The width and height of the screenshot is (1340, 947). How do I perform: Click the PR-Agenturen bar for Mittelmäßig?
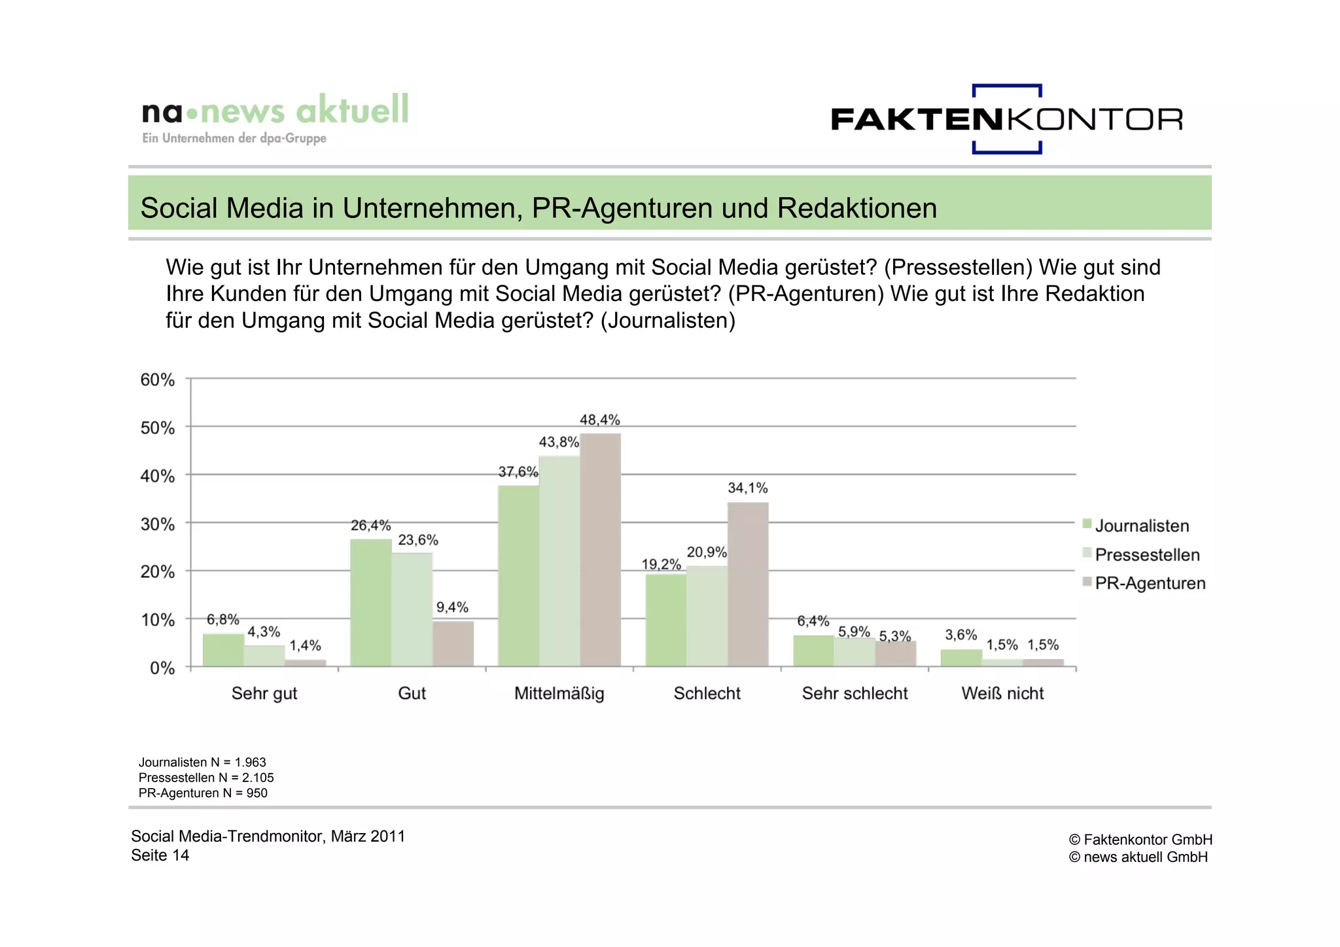coord(600,550)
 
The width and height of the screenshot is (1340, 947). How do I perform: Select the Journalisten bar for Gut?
coord(371,603)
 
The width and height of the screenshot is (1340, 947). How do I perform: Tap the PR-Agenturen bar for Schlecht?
coord(748,584)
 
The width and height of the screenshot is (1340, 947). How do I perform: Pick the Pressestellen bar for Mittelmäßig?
coord(559,561)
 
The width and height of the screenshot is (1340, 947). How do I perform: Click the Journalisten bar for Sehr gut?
coord(223,650)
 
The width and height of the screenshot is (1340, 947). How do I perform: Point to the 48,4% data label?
coord(600,420)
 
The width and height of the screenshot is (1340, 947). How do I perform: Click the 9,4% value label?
coord(453,607)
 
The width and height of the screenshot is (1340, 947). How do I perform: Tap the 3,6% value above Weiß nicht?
coord(961,635)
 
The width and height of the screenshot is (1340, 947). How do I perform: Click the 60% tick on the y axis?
coord(158,380)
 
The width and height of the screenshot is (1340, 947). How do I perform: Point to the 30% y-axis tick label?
coord(158,524)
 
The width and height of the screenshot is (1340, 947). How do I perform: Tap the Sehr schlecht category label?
coord(855,694)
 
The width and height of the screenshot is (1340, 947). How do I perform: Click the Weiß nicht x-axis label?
coord(1002,694)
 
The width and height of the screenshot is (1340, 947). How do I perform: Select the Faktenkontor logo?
coord(1006,119)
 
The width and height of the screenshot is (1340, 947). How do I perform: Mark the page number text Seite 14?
coord(160,855)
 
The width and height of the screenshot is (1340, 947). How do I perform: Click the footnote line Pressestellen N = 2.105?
coord(206,777)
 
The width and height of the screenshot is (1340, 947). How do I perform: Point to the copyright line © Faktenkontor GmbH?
coord(1140,840)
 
